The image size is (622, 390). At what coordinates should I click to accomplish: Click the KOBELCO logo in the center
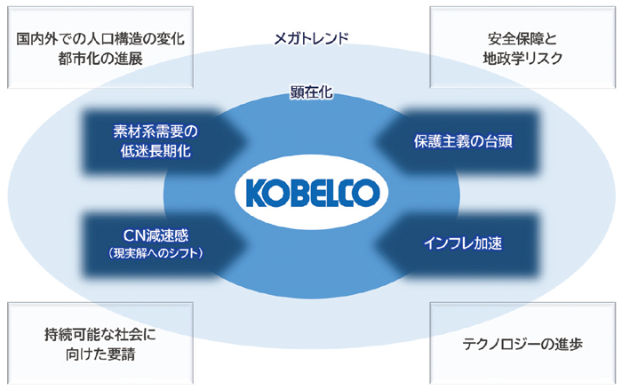tap(311, 193)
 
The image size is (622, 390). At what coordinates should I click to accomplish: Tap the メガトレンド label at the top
tap(311, 38)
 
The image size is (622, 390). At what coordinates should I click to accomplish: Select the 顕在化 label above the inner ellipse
tap(311, 92)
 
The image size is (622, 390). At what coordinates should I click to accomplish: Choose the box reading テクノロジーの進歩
tap(522, 344)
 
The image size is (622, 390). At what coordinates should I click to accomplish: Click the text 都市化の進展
tap(100, 59)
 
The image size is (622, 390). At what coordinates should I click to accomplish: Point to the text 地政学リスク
tap(522, 59)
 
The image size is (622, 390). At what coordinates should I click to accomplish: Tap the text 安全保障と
tap(522, 39)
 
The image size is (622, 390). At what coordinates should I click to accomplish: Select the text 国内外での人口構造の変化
tap(100, 39)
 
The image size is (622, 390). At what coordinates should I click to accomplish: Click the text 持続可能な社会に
tap(100, 335)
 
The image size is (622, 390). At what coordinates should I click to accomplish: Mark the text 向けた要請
tap(100, 354)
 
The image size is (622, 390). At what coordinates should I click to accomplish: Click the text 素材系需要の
tap(155, 131)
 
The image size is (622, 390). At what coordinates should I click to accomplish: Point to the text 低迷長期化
tap(155, 151)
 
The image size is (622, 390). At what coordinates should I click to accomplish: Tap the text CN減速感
tap(155, 235)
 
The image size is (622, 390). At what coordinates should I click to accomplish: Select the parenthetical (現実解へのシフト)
tap(155, 252)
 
